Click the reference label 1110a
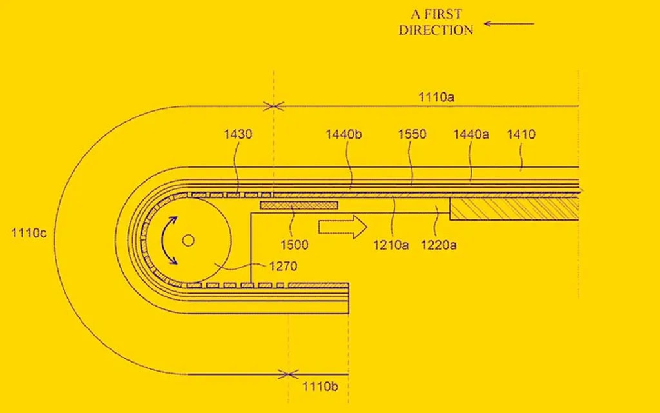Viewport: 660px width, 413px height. pyautogui.click(x=437, y=97)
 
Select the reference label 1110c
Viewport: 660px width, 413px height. pyautogui.click(x=29, y=233)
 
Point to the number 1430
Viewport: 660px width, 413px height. pyautogui.click(x=238, y=135)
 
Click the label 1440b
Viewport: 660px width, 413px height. pyautogui.click(x=344, y=135)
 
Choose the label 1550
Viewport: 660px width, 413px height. pyautogui.click(x=412, y=135)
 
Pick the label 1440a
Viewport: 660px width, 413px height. pyautogui.click(x=471, y=135)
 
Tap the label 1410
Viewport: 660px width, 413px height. pyautogui.click(x=521, y=135)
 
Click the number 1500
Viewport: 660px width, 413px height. pyautogui.click(x=294, y=245)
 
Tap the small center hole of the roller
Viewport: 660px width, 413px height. pyautogui.click(x=188, y=240)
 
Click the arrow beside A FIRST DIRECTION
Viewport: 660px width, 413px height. pyautogui.click(x=509, y=24)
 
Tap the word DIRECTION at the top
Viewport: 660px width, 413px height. pyautogui.click(x=436, y=30)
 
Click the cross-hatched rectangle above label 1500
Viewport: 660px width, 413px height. pyautogui.click(x=299, y=205)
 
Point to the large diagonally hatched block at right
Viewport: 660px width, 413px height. pyautogui.click(x=514, y=208)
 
